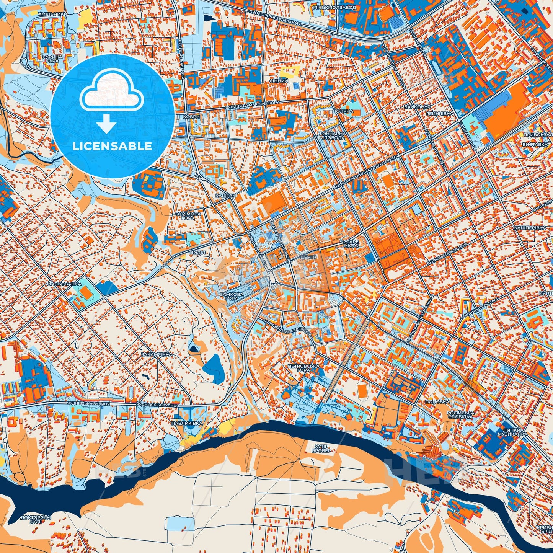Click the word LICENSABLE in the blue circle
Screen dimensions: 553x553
112,146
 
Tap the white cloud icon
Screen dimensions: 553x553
112,92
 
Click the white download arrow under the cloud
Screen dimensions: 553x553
106,123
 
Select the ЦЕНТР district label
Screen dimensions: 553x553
308,258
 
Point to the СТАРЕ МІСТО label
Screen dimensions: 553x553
351,244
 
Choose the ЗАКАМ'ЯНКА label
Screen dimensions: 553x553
157,354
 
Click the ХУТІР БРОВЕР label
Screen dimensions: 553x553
321,449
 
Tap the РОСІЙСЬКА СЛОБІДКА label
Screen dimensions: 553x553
460,414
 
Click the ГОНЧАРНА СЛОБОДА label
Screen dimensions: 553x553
333,135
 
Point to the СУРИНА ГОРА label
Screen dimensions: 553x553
52,58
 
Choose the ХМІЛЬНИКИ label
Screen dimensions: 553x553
52,14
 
